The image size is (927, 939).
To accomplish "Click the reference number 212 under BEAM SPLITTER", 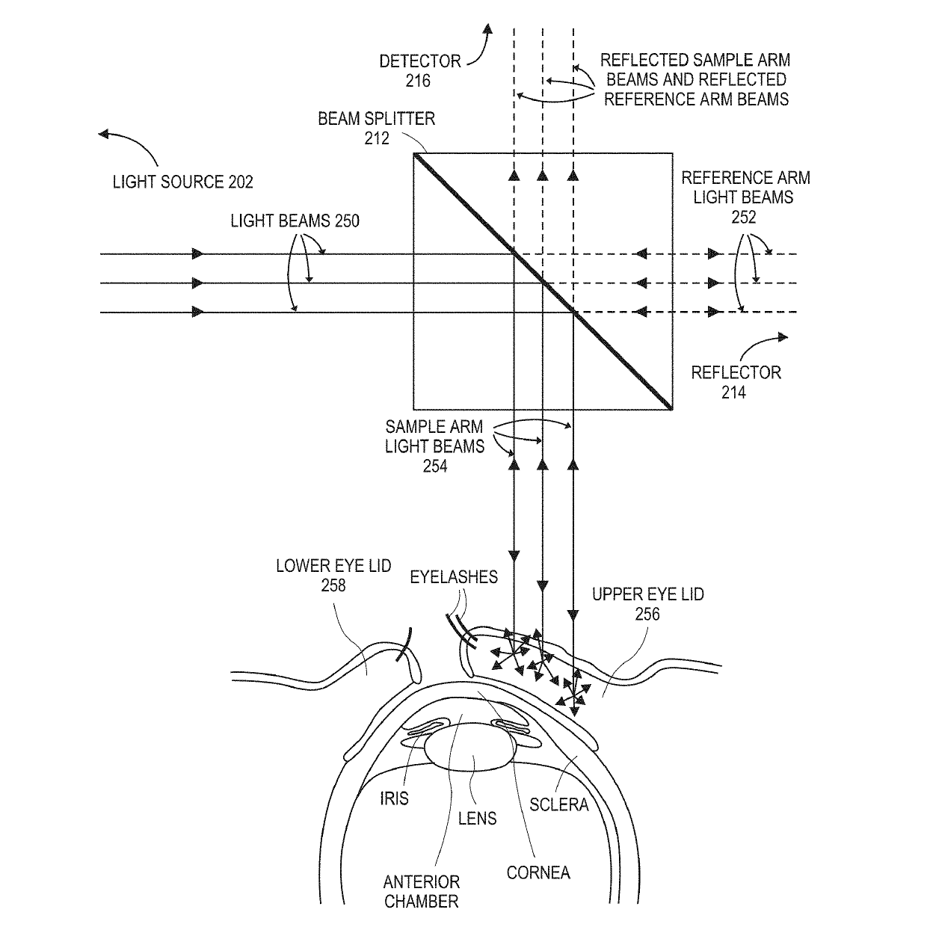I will tap(378, 138).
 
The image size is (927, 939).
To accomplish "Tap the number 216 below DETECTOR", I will tap(418, 80).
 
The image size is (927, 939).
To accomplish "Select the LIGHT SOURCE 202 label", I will tap(183, 182).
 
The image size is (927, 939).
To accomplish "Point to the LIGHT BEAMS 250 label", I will tap(295, 221).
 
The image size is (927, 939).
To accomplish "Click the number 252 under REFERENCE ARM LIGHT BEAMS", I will tap(744, 217).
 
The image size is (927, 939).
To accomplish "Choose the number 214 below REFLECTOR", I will tap(733, 392).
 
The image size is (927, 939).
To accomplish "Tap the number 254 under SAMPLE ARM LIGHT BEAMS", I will tap(435, 466).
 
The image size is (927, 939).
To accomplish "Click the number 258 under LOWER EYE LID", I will tap(333, 585).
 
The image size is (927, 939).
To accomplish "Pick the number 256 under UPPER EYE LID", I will tap(647, 614).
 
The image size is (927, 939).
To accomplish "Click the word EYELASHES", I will tap(454, 576).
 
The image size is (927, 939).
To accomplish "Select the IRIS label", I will tap(394, 798).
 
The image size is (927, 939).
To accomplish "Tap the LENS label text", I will tap(477, 818).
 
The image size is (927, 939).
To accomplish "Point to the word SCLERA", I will tap(559, 804).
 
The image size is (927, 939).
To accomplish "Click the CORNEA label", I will tap(538, 872).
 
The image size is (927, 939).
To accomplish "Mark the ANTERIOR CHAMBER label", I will tap(422, 891).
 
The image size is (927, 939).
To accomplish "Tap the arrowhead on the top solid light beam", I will tap(198, 254).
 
